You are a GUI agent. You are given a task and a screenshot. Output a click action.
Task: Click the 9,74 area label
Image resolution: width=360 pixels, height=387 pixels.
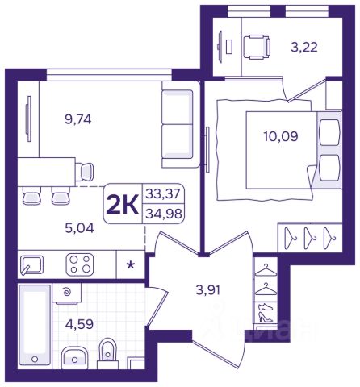click(x=78, y=119)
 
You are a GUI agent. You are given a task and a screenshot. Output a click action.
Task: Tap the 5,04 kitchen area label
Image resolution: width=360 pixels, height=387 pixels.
click(x=79, y=228)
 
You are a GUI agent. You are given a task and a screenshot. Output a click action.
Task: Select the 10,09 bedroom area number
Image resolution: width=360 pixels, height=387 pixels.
click(x=281, y=136)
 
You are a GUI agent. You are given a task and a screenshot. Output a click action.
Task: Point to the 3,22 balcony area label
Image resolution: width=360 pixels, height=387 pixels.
click(x=304, y=48)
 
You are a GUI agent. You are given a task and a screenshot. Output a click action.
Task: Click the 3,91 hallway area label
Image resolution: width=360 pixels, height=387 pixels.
click(x=208, y=290)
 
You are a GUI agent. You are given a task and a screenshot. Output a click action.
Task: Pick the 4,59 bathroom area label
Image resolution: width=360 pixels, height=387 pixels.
click(x=79, y=324)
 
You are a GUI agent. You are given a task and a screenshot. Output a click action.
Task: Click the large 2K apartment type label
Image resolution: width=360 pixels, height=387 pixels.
click(x=123, y=204)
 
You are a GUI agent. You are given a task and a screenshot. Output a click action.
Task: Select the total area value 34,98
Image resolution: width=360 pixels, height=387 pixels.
click(x=164, y=214)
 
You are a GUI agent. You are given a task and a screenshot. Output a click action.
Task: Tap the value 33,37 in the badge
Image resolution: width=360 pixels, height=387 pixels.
click(x=163, y=193)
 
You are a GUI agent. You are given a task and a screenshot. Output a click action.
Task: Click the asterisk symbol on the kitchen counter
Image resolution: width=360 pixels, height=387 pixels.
click(x=131, y=264)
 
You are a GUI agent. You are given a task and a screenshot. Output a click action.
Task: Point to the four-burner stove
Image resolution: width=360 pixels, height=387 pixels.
click(x=80, y=264)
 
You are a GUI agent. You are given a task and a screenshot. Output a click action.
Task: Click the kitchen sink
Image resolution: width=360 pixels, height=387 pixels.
click(x=31, y=265)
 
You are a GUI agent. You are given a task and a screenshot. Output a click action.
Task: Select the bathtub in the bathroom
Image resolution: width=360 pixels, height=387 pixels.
click(x=35, y=325)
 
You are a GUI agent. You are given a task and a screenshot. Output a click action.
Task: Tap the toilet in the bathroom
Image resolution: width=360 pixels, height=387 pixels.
click(x=108, y=353)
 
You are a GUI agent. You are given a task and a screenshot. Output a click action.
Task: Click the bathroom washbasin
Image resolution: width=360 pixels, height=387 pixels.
click(x=74, y=357)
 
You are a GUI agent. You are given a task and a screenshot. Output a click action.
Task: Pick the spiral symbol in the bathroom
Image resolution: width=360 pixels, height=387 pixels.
click(x=66, y=291)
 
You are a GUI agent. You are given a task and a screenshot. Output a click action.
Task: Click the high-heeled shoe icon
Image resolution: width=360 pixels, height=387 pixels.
click(x=266, y=317)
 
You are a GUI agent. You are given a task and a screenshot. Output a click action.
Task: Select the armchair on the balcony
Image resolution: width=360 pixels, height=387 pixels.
click(x=257, y=47)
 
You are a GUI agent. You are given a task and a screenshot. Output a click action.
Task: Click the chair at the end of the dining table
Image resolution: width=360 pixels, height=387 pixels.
click(x=85, y=172)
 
